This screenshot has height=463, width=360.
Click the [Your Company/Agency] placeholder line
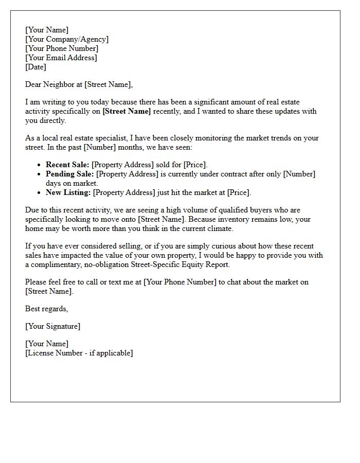coord(67,39)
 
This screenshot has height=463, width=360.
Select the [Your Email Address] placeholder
coord(61,58)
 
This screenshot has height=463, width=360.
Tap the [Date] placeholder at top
coord(35,67)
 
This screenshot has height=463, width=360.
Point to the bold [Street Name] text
coord(127,111)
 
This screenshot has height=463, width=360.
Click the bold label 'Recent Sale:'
coord(67,165)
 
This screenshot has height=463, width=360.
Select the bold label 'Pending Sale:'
coord(69,174)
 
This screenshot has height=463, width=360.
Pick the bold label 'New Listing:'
coord(68,192)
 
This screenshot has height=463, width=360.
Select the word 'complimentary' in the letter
coord(57,264)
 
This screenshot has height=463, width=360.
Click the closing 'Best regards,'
coord(46,309)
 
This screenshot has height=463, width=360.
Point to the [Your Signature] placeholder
coord(52,326)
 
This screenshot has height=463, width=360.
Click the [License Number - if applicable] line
coord(79,353)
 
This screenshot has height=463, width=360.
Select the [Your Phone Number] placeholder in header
coord(62,48)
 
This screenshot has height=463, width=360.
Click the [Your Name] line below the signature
coord(47,344)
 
